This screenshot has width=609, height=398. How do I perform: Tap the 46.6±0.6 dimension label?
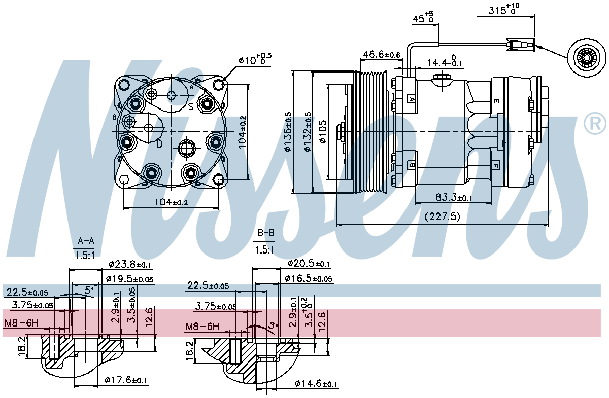tap(381, 54)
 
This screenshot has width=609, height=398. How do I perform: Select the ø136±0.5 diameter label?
tap(288, 132)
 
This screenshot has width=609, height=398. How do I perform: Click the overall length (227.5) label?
tap(442, 216)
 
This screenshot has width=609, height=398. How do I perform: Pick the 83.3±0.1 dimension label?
tap(453, 197)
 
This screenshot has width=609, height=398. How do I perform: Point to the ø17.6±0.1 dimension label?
tap(126, 380)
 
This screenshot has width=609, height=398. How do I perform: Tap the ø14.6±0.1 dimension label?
tap(316, 384)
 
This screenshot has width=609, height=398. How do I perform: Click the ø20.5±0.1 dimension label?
tap(309, 264)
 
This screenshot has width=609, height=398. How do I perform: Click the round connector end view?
tap(586, 59)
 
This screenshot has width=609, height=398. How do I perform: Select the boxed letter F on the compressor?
tap(495, 165)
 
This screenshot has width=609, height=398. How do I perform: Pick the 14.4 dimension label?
tap(444, 62)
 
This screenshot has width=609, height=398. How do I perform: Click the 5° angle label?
tap(89, 290)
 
